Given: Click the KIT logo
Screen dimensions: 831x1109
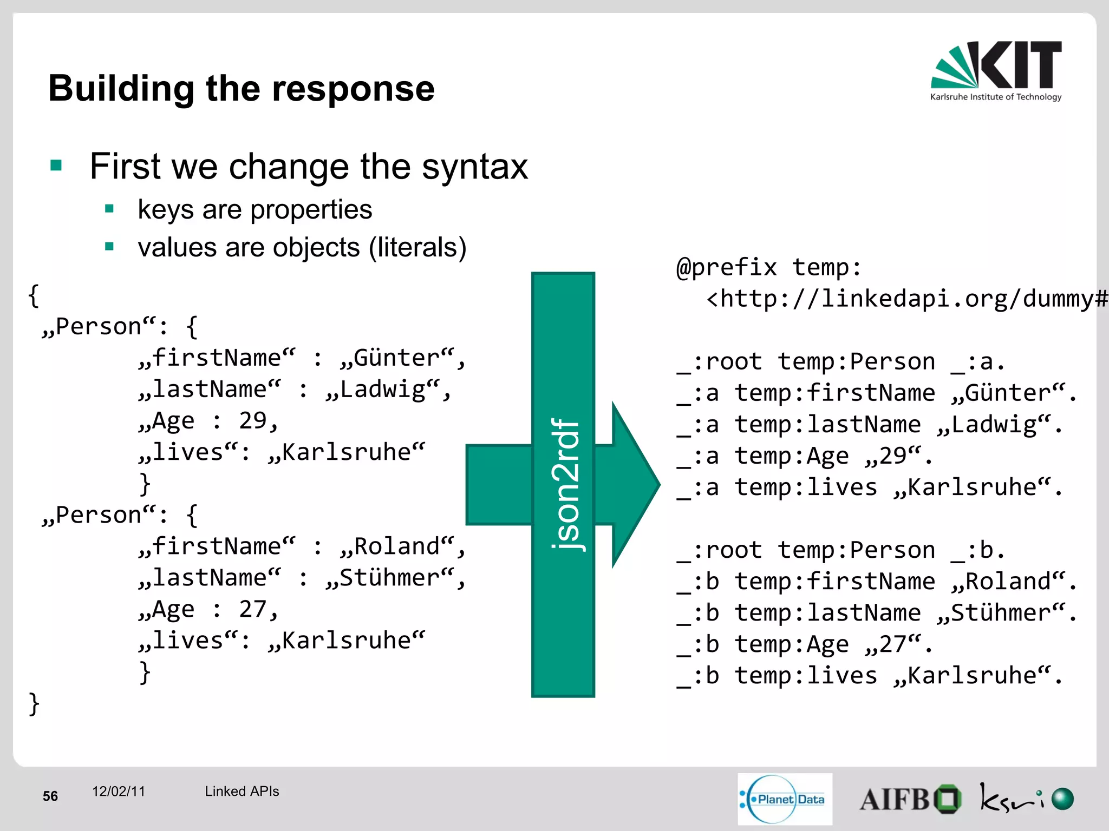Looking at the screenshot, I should click(x=996, y=70).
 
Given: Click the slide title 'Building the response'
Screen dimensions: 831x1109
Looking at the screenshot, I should click(x=242, y=88).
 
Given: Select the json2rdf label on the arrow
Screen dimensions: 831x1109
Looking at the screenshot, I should click(x=565, y=484).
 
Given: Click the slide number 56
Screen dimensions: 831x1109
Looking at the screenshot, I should click(x=50, y=796).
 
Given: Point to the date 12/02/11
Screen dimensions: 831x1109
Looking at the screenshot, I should click(x=119, y=792).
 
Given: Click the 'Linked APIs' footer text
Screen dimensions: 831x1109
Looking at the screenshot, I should click(x=242, y=792).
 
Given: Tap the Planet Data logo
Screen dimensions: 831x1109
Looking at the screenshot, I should click(x=785, y=799).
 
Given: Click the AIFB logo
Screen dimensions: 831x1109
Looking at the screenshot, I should click(x=910, y=799).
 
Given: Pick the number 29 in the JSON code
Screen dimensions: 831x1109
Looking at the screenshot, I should click(x=253, y=421).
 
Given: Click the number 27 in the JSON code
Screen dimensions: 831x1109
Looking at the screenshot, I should click(x=253, y=610).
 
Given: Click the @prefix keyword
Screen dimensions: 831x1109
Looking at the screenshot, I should click(x=726, y=268).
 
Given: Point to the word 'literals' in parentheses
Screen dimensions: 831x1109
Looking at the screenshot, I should click(x=417, y=248).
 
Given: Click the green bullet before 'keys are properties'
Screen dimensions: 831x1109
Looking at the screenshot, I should click(x=109, y=209).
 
